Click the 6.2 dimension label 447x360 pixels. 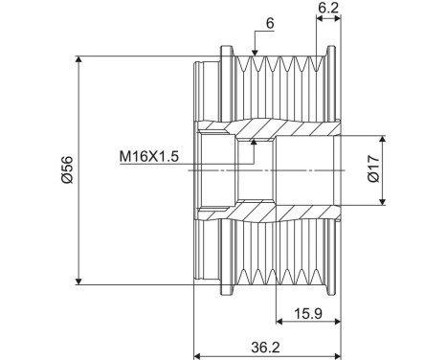tap(326, 8)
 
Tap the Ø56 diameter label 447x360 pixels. tap(66, 169)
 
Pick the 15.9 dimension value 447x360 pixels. tap(305, 312)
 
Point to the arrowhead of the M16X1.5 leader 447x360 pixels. tap(252, 143)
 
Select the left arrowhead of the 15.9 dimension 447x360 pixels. tap(279, 322)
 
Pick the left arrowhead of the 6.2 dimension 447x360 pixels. tap(318, 18)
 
